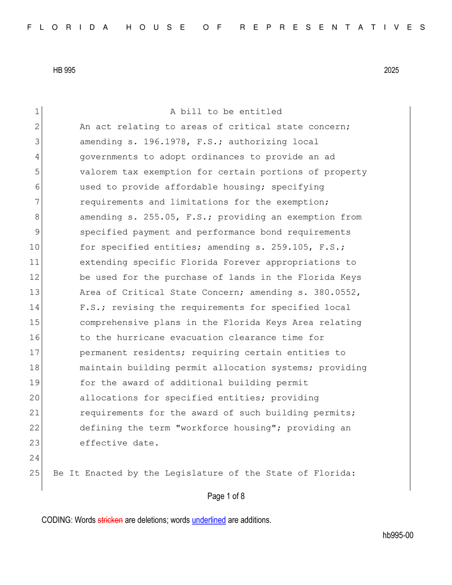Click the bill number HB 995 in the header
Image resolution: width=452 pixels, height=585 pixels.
[64, 70]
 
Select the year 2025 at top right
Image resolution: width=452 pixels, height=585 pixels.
[391, 70]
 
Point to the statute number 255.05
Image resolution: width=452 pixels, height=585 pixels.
[159, 217]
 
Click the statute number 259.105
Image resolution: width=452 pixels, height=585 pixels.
[292, 247]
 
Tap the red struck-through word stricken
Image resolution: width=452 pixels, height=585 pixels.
[110, 520]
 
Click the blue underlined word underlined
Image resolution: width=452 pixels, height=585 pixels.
[209, 520]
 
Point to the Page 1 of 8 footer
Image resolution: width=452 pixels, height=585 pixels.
[226, 496]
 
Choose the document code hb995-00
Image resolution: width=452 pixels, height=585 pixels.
[398, 535]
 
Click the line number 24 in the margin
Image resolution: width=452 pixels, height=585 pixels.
[34, 458]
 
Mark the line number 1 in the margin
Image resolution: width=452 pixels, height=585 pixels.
[37, 112]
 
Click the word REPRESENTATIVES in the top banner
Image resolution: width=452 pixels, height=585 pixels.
[333, 27]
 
